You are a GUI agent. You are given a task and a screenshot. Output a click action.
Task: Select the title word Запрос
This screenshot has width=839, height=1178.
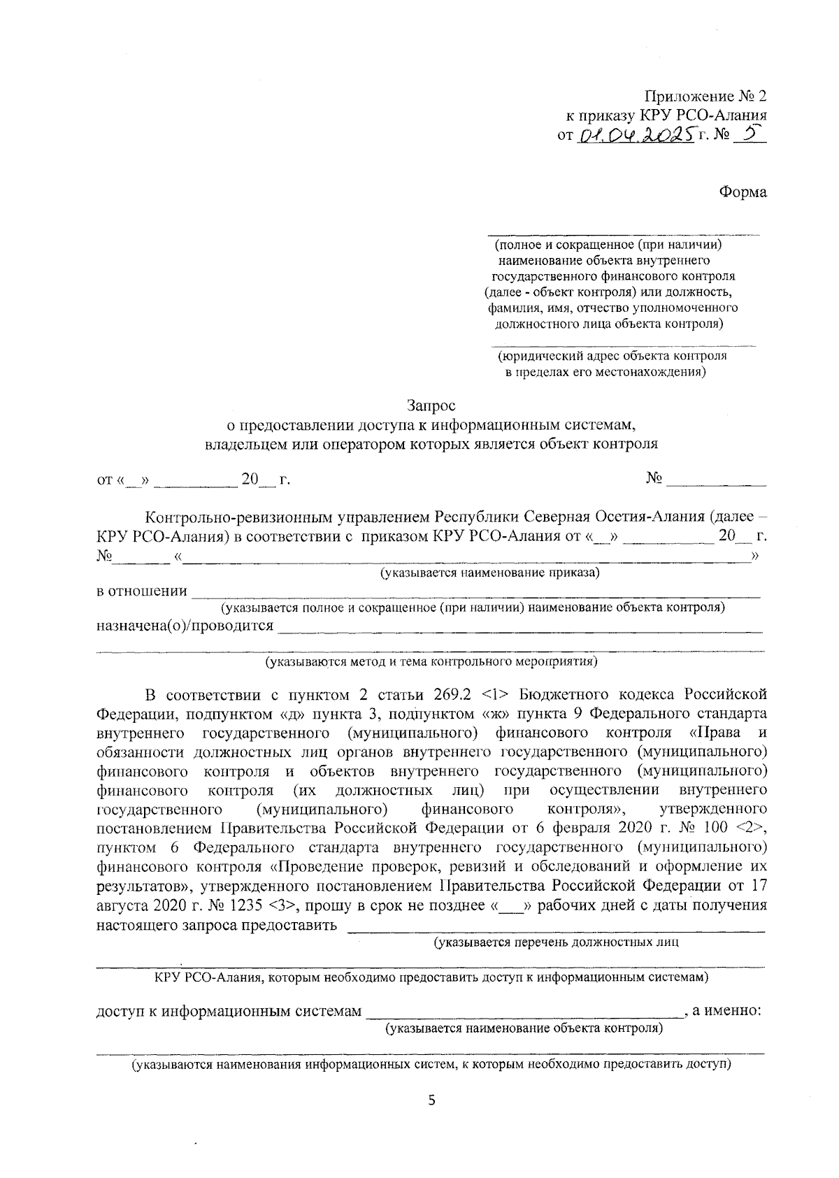pyautogui.click(x=431, y=405)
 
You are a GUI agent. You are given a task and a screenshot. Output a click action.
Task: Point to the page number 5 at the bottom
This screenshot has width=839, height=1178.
pyautogui.click(x=431, y=1101)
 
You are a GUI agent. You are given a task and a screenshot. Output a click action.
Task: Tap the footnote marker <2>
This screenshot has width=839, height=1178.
pyautogui.click(x=751, y=828)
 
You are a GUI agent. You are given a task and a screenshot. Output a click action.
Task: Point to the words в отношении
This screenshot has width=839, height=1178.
pyautogui.click(x=142, y=591)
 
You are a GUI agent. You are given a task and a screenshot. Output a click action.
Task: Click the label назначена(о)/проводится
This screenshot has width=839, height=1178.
pyautogui.click(x=185, y=625)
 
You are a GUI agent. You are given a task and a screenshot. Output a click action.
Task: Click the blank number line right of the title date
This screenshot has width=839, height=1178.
pyautogui.click(x=717, y=481)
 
